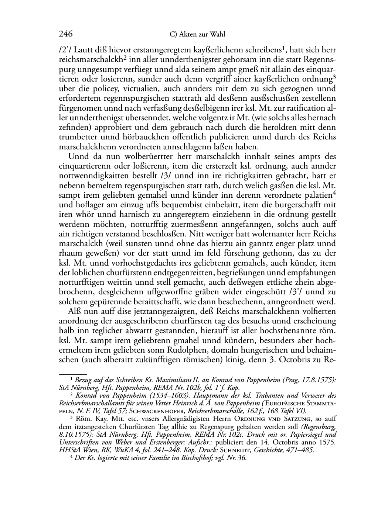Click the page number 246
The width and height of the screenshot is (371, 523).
pyautogui.click(x=65, y=34)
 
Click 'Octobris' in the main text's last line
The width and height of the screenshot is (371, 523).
pyautogui.click(x=299, y=360)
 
